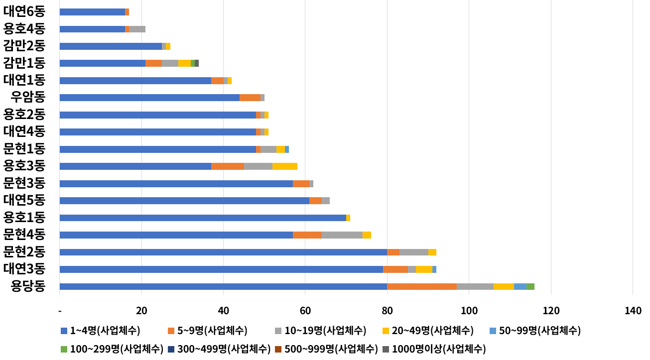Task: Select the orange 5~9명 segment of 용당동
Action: pos(422,286)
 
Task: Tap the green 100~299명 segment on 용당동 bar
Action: pos(530,286)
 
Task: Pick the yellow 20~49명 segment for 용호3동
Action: pos(285,166)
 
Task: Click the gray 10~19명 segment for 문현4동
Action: pos(342,235)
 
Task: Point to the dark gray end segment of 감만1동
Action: pos(197,63)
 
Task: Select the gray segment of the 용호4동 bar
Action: pos(137,29)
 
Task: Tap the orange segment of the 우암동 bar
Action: pos(250,98)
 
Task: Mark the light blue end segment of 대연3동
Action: pos(434,269)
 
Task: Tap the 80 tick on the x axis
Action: pos(387,311)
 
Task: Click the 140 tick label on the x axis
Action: pos(633,311)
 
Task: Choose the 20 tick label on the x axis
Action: pos(141,311)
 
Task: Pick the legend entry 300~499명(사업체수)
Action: pos(220,349)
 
